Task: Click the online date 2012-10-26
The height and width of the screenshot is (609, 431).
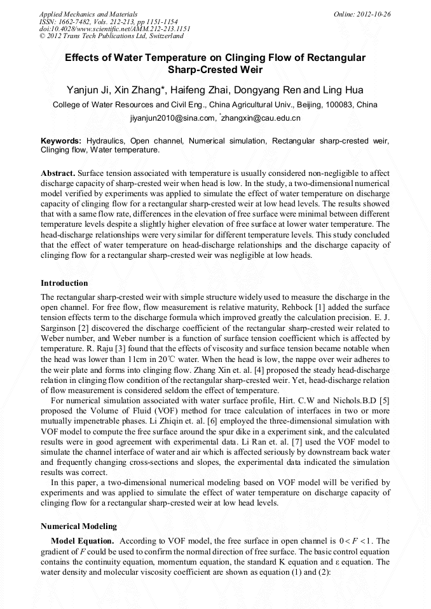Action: click(368, 13)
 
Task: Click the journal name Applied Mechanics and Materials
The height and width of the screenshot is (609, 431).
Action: click(88, 13)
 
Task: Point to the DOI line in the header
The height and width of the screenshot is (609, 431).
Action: click(114, 29)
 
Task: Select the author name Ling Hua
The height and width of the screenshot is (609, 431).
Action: click(343, 90)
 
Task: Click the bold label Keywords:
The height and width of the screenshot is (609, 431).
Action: click(61, 140)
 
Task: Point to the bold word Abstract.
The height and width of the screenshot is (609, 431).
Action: click(58, 173)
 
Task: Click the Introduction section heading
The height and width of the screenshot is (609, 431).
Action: click(64, 283)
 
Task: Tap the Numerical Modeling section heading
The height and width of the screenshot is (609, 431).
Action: click(79, 526)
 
